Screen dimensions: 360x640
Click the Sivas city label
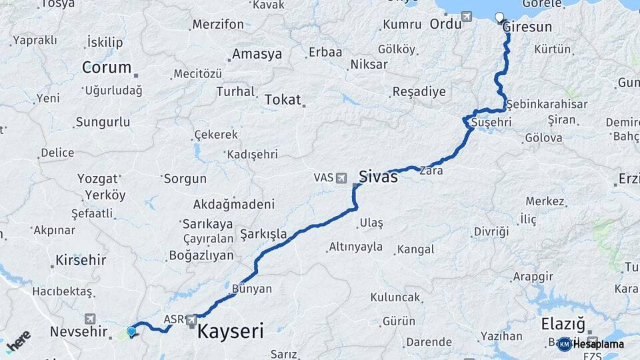(x=378, y=177)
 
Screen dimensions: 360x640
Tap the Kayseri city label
(x=231, y=331)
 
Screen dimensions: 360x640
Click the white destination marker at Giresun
(x=499, y=17)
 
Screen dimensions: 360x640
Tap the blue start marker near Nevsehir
(x=131, y=331)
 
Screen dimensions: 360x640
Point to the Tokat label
(x=283, y=99)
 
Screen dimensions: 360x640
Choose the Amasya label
(x=257, y=55)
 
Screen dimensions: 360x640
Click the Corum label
(x=107, y=67)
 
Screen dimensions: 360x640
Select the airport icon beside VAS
(x=342, y=178)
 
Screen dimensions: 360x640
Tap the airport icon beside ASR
(x=191, y=319)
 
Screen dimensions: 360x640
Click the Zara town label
(x=431, y=171)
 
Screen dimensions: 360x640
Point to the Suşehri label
(x=491, y=123)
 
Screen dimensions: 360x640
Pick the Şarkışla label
(x=263, y=234)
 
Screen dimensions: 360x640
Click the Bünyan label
(x=252, y=289)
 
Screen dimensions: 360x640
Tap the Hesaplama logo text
(x=598, y=344)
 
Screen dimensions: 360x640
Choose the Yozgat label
(x=97, y=179)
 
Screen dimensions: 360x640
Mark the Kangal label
(x=415, y=250)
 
